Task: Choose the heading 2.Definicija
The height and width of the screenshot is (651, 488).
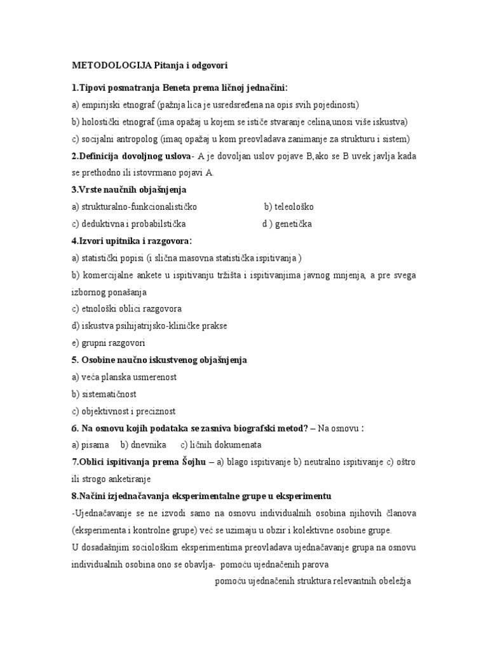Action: [98, 156]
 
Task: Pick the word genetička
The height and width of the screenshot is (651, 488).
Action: [294, 224]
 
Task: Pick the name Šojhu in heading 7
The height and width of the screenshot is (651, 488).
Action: [191, 462]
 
